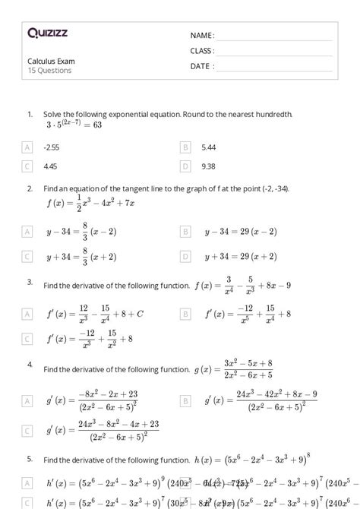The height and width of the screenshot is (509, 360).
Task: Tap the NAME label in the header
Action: [x=202, y=35]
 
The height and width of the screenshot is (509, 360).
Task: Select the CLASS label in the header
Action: [x=203, y=51]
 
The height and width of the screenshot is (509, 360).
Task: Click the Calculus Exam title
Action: [x=52, y=61]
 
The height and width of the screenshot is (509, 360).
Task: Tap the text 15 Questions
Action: [x=50, y=71]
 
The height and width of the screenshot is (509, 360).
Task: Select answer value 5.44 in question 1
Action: [x=209, y=147]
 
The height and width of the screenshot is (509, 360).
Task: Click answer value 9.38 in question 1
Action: [x=209, y=166]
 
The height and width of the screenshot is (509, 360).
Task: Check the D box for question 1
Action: [x=185, y=166]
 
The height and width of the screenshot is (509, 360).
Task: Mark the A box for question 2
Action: [x=28, y=231]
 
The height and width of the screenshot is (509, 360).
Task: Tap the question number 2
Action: [x=30, y=188]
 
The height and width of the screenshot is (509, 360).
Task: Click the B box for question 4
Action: [x=185, y=399]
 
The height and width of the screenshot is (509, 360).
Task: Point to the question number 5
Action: [x=30, y=459]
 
